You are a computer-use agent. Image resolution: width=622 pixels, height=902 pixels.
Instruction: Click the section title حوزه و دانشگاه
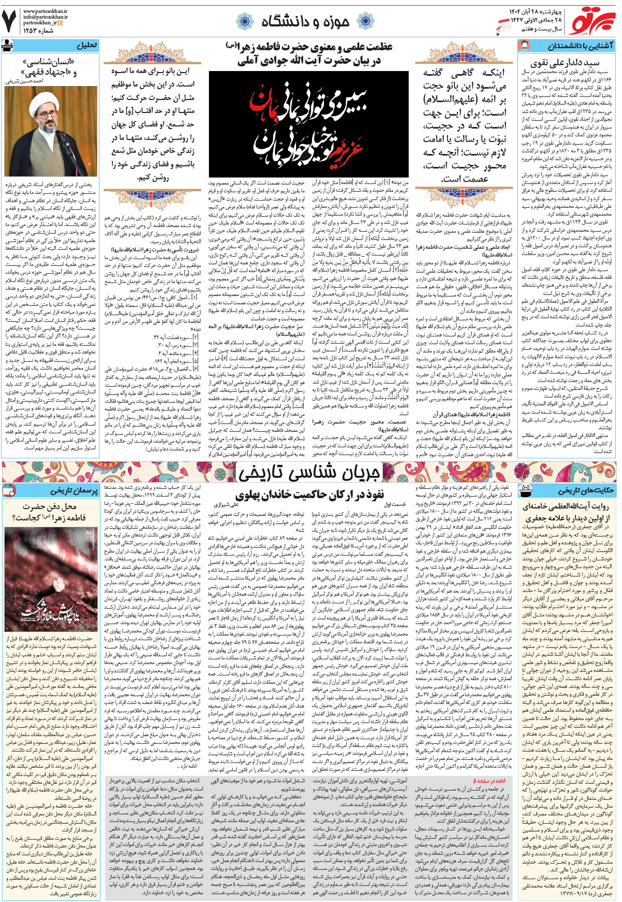305,21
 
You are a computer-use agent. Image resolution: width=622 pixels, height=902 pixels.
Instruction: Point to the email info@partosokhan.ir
45,17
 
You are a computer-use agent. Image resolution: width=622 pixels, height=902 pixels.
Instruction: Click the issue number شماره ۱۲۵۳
38,31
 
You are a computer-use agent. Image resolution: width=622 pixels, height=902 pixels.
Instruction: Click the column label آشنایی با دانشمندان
581,46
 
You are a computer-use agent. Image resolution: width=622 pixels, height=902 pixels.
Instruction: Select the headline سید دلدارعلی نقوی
565,63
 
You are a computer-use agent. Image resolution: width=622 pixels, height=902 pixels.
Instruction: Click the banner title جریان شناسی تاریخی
309,473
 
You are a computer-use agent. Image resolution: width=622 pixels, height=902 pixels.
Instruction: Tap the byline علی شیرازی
226,504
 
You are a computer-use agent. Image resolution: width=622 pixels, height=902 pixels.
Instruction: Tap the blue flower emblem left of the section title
245,22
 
